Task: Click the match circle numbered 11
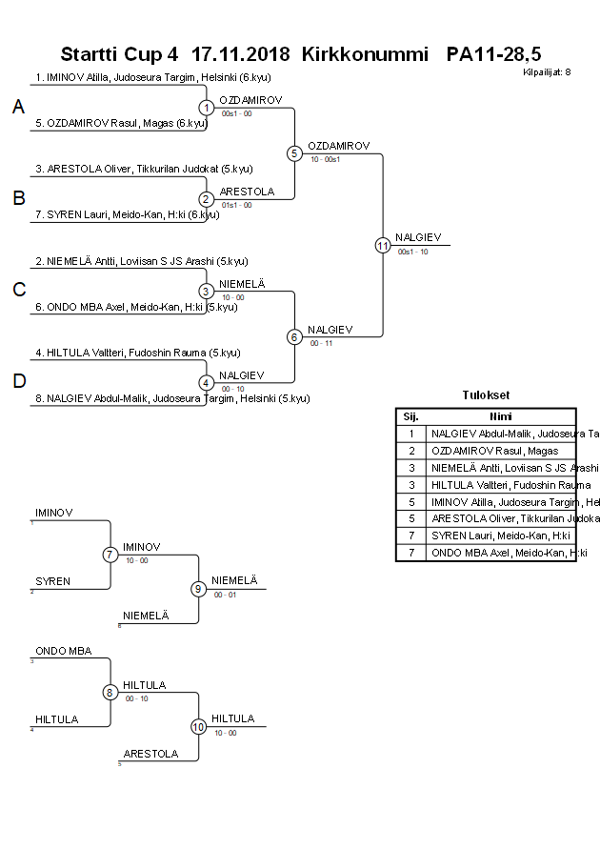[x=383, y=245]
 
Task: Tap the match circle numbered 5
[x=294, y=153]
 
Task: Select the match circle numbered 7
[x=110, y=555]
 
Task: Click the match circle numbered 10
[x=199, y=726]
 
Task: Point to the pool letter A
[x=18, y=108]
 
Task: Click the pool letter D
[x=18, y=381]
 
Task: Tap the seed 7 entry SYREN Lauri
[x=127, y=214]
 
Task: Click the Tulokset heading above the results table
[x=485, y=395]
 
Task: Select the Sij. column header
[x=410, y=416]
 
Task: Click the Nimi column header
[x=501, y=416]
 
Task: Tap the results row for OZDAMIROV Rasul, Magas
[x=494, y=451]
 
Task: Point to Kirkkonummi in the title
[x=365, y=53]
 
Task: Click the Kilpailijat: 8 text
[x=547, y=71]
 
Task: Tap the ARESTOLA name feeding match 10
[x=150, y=754]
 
